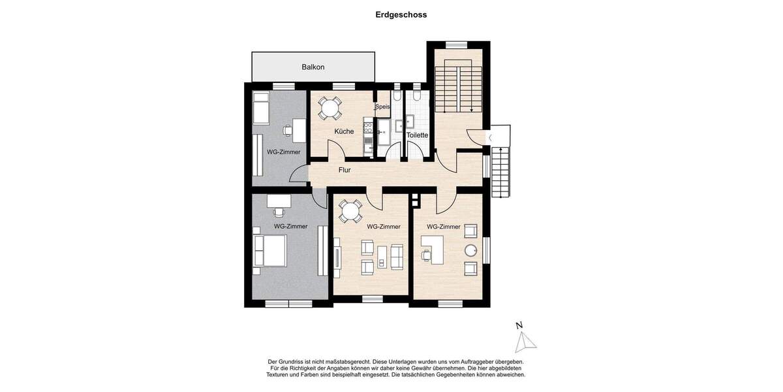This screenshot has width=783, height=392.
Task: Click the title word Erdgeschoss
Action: click(x=401, y=14)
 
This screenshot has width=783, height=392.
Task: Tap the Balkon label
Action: click(x=313, y=67)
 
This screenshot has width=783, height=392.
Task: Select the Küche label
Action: click(x=344, y=132)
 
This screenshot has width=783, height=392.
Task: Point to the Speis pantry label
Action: click(x=382, y=107)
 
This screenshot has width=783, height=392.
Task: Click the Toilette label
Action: click(x=417, y=135)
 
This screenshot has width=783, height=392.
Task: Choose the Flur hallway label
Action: click(x=345, y=171)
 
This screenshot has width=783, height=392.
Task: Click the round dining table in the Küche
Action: click(x=330, y=107)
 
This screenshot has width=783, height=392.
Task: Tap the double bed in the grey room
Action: click(x=269, y=251)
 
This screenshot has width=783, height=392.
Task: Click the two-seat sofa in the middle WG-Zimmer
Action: click(x=397, y=256)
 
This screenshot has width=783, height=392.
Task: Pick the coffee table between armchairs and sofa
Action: click(x=382, y=256)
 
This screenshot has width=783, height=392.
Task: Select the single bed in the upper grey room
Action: click(x=262, y=108)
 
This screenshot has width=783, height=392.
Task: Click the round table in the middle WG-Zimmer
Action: click(x=350, y=211)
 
